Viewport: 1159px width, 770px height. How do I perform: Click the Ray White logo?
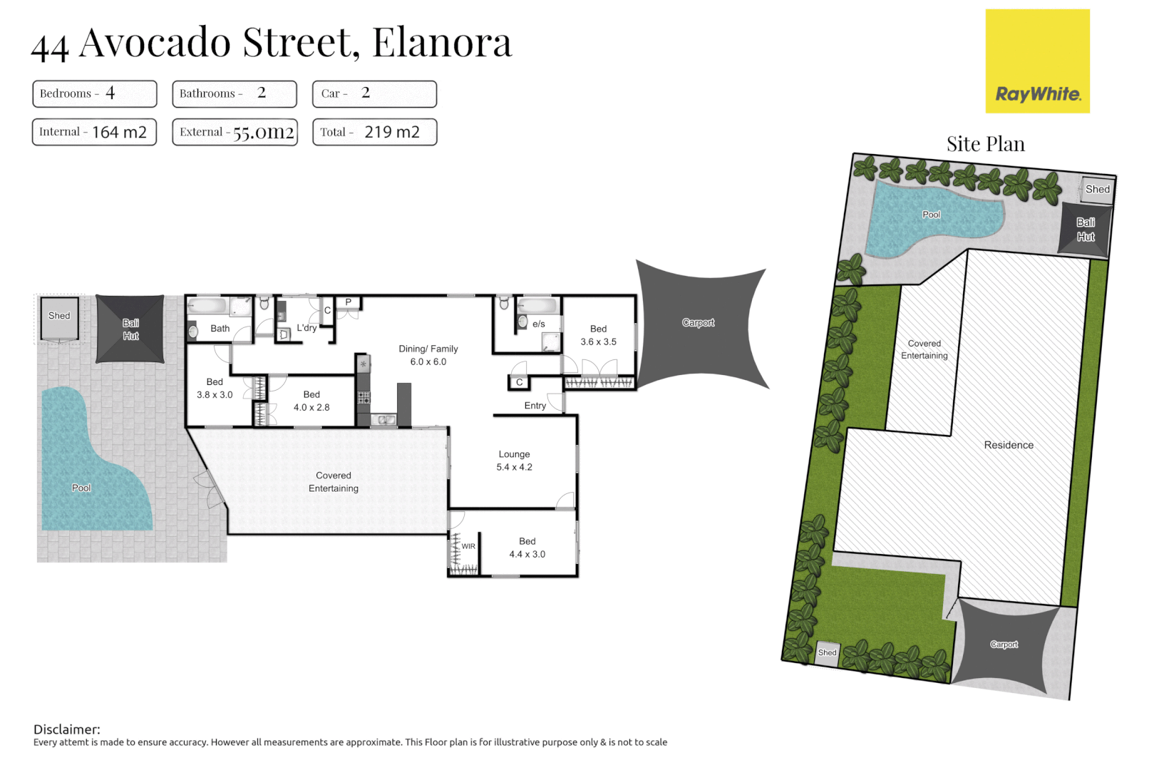pyautogui.click(x=1037, y=61)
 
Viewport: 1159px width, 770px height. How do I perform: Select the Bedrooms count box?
pyautogui.click(x=94, y=93)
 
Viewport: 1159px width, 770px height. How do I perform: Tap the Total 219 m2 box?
pyautogui.click(x=374, y=132)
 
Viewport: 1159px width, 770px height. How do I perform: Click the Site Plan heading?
pyautogui.click(x=985, y=144)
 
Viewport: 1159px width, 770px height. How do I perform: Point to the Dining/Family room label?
pyautogui.click(x=428, y=355)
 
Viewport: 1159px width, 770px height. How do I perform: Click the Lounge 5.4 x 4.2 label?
pyautogui.click(x=514, y=461)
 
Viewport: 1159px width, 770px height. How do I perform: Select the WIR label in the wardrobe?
pyautogui.click(x=468, y=546)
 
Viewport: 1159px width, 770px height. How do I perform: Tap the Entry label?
pyautogui.click(x=535, y=406)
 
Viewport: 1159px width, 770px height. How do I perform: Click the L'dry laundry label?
pyautogui.click(x=307, y=328)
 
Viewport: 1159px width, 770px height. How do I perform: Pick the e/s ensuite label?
pyautogui.click(x=538, y=324)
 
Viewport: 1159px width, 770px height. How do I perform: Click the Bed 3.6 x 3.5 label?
pyautogui.click(x=598, y=335)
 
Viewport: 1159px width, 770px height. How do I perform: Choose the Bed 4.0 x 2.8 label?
pyautogui.click(x=311, y=401)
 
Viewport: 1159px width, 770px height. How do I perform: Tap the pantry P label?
pyautogui.click(x=349, y=302)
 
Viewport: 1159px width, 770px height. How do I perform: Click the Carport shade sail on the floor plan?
pyautogui.click(x=699, y=323)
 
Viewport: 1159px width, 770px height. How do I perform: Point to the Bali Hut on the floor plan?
pyautogui.click(x=130, y=329)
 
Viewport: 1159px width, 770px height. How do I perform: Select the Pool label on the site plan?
pyautogui.click(x=931, y=215)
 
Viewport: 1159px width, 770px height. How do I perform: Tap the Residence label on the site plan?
pyautogui.click(x=1008, y=445)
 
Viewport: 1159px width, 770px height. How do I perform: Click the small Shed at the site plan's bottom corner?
pyautogui.click(x=827, y=652)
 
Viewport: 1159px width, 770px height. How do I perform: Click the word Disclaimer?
pyautogui.click(x=66, y=729)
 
